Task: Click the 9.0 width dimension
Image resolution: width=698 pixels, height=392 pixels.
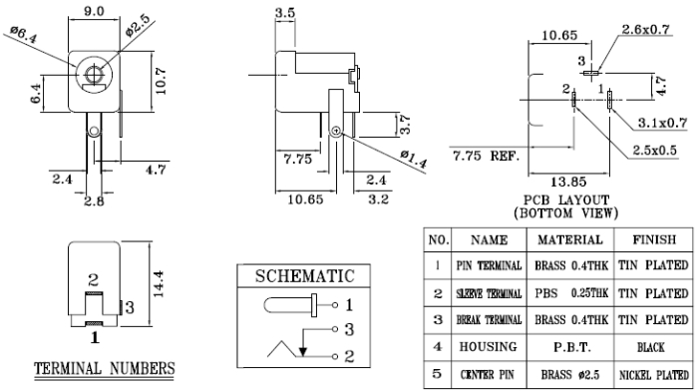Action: [94, 11]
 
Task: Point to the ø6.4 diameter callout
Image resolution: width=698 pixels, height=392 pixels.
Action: [24, 34]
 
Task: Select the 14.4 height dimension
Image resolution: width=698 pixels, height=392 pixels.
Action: [158, 283]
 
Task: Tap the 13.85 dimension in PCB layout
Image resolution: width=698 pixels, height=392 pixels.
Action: [568, 182]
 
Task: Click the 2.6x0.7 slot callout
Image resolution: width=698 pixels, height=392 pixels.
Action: [645, 29]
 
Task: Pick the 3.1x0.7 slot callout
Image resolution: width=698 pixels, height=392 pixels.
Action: [663, 123]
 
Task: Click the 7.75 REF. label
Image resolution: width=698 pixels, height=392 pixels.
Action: [487, 156]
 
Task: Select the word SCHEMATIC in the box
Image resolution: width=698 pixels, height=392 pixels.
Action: [304, 275]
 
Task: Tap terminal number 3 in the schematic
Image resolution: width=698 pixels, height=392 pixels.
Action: [349, 329]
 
